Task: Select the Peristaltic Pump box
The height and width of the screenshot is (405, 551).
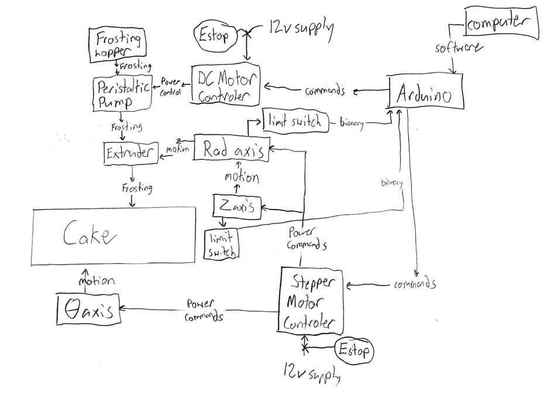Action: click(122, 94)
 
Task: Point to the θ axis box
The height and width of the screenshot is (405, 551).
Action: click(88, 308)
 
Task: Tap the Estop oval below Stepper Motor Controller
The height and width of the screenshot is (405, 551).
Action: click(353, 351)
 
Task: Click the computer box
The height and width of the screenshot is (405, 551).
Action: click(502, 24)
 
